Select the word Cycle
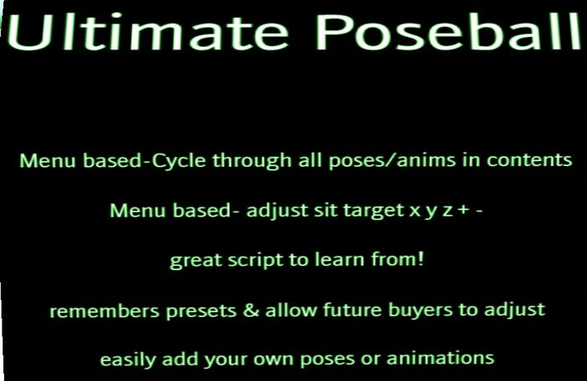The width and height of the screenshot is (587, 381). pyautogui.click(x=179, y=159)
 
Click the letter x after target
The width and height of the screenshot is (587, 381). pyautogui.click(x=414, y=211)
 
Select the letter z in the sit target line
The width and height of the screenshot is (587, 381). pyautogui.click(x=447, y=211)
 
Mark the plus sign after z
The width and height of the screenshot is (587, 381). pyautogui.click(x=464, y=211)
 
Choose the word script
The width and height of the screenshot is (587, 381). pyautogui.click(x=243, y=261)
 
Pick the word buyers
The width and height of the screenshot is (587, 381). pyautogui.click(x=408, y=311)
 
